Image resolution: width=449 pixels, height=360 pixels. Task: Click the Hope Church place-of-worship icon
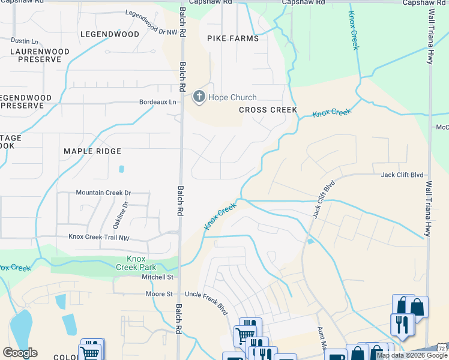[199, 97]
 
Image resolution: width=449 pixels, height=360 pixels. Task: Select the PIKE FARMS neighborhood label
[233, 38]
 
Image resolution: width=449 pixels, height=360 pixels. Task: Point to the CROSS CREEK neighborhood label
[268, 110]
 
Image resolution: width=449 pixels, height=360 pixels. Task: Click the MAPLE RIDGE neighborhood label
[92, 151]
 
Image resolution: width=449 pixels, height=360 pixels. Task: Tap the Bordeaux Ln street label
[158, 102]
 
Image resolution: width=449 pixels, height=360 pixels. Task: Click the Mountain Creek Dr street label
[103, 193]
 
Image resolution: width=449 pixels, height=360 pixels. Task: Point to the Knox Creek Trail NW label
[98, 237]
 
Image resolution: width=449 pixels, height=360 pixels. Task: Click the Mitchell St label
[157, 277]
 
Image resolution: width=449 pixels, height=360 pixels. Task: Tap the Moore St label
[159, 294]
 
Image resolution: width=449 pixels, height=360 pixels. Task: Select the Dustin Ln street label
[24, 41]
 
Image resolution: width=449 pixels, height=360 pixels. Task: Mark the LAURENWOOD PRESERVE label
[35, 56]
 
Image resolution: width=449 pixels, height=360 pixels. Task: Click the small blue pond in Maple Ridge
[121, 169]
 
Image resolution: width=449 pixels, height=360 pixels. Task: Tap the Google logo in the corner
[20, 353]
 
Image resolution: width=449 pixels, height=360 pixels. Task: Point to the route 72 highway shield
[442, 349]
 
